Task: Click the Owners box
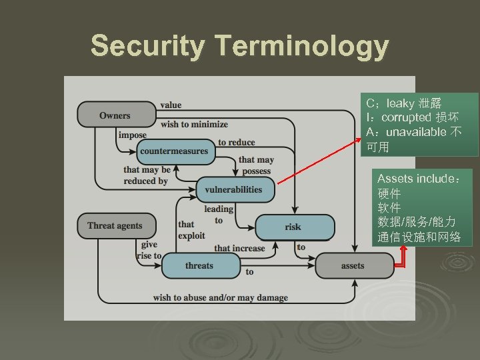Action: (x=115, y=115)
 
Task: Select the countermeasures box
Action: (x=174, y=151)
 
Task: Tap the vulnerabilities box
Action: (x=233, y=189)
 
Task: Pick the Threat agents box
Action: (x=115, y=225)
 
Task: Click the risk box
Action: (x=293, y=227)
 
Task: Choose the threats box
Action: (x=199, y=265)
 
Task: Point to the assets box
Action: (x=353, y=265)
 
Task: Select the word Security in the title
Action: (x=148, y=47)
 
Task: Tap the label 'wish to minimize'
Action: (x=194, y=124)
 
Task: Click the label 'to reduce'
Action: (x=236, y=142)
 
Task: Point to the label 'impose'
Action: (x=132, y=135)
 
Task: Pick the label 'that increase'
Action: (x=239, y=248)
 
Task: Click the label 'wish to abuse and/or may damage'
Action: (x=220, y=297)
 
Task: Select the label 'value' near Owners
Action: (x=171, y=105)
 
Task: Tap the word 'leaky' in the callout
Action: (x=400, y=103)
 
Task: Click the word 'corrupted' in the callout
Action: (x=407, y=117)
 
